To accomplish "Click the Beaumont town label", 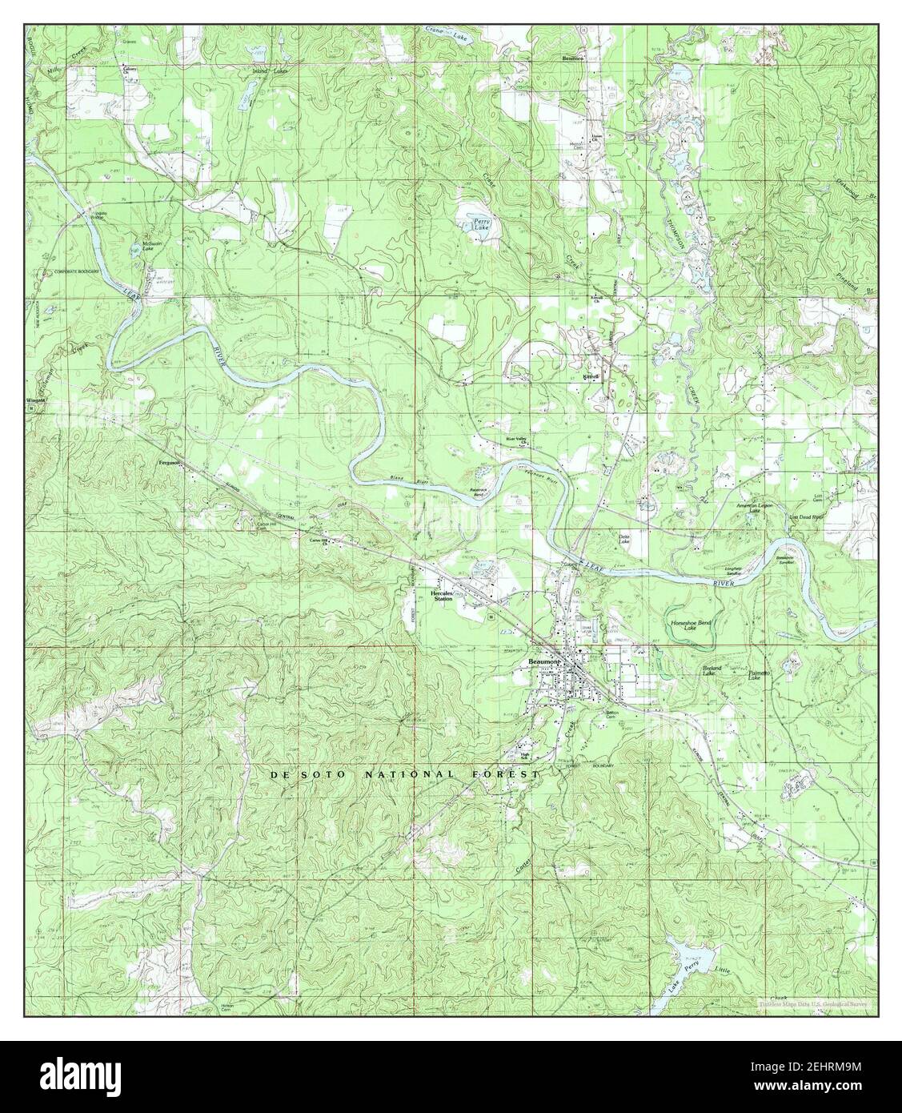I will [546, 661].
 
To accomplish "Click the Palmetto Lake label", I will [759, 675].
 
